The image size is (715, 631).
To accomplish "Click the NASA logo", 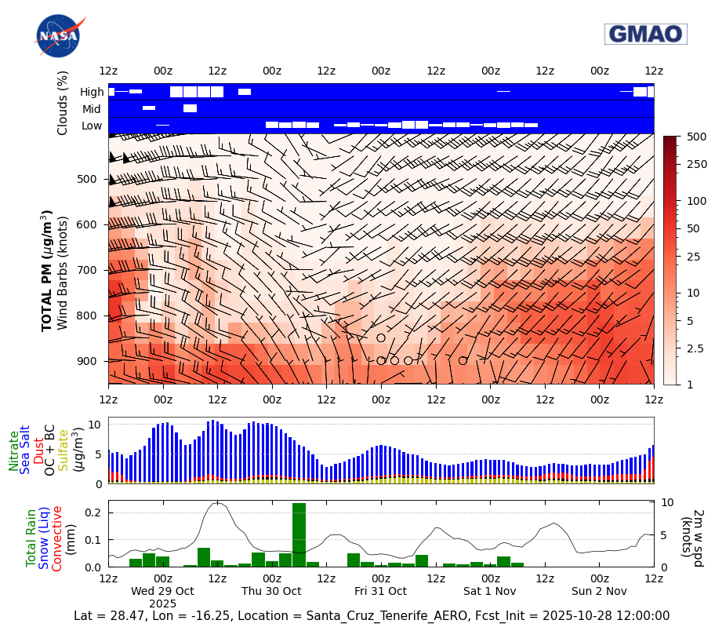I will pos(57,36).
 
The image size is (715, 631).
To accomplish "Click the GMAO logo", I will pos(645,34).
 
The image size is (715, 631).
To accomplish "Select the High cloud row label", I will pos(92,92).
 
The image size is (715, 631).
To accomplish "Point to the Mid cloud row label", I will pos(92,109).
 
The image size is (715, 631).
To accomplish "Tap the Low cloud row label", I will pos(92,126).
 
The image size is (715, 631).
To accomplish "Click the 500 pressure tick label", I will pos(86,179).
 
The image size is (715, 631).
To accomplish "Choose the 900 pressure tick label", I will pos(86,361).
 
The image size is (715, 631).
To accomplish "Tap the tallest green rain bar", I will pos(299,534).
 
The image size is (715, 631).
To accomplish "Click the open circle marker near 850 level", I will pos(381,337).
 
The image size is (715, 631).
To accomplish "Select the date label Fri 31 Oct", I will pos(380,591).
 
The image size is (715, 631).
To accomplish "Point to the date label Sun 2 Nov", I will pos(599,591).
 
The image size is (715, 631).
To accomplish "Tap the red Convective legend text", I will pos(57,538).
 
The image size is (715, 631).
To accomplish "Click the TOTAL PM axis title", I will pos(48,270).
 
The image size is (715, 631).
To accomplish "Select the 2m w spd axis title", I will pos(691,534).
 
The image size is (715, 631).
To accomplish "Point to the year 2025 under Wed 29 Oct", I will pos(162,604).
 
